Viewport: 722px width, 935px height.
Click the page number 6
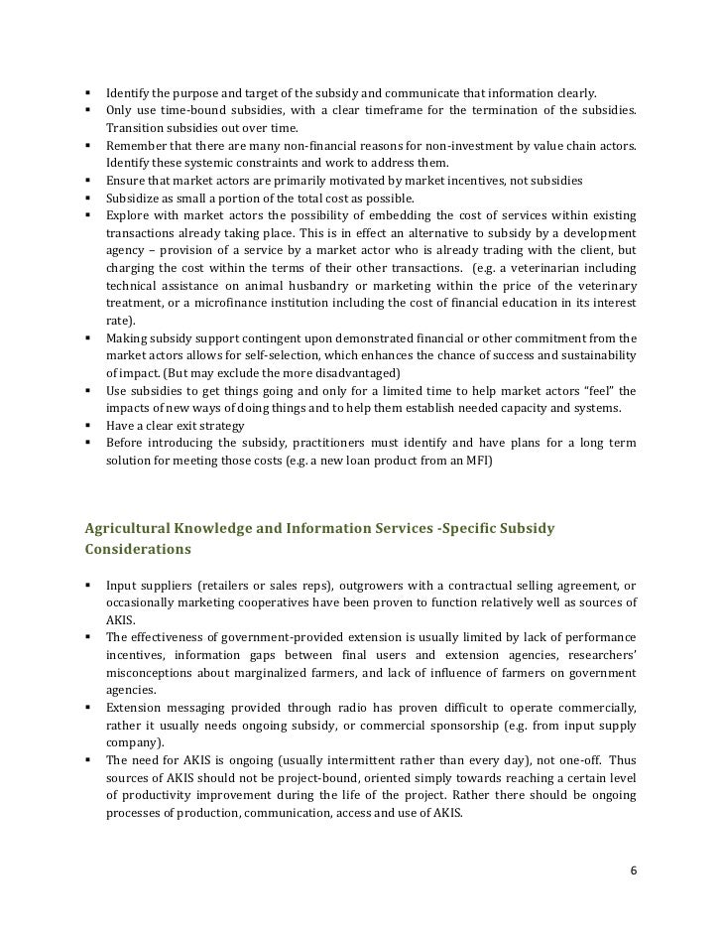tap(633, 870)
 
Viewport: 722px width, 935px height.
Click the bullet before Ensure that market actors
tap(89, 181)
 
